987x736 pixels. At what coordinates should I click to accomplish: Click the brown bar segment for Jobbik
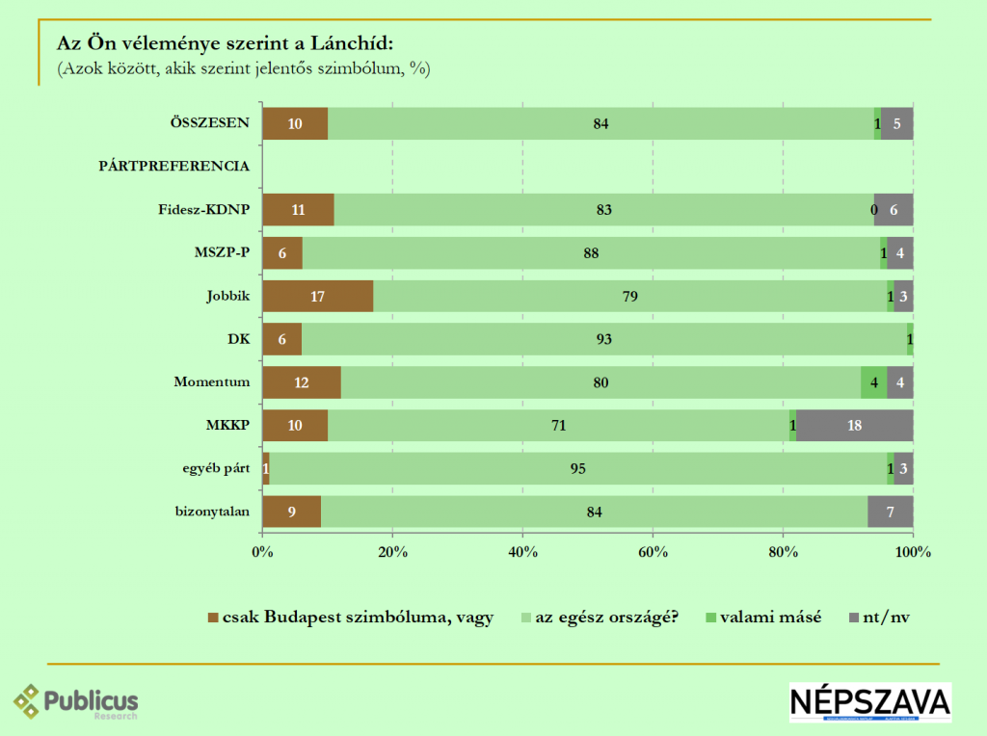317,297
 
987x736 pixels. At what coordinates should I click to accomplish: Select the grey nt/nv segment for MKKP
854,426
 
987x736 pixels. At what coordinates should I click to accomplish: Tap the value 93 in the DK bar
604,339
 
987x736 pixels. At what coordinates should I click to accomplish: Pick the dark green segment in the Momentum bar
873,382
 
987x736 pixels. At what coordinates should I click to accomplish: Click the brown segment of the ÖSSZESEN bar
295,123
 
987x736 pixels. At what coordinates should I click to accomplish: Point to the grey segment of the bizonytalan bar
890,512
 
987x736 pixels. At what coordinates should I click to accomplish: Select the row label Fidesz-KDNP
203,210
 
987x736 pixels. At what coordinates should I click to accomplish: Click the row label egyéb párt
211,469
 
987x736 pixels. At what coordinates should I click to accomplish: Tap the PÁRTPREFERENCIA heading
173,167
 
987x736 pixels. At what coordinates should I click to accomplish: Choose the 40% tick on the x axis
522,553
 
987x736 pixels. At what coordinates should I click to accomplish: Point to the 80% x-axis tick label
783,553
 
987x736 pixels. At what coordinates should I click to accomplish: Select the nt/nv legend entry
878,618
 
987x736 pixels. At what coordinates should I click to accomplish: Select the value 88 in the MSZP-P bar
591,253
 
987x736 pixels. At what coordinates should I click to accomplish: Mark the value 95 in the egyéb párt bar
578,469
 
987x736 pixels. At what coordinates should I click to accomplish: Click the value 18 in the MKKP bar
854,426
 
